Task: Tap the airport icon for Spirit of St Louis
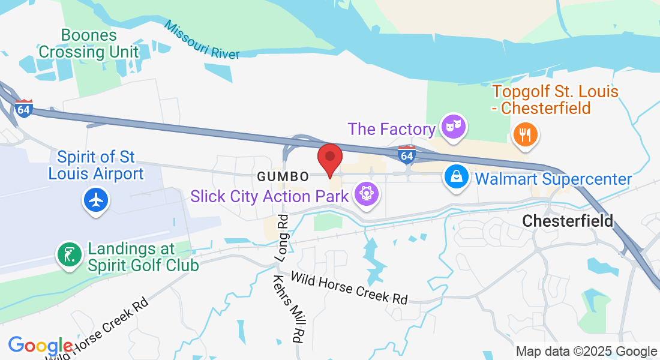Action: click(96, 199)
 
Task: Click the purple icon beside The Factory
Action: click(453, 127)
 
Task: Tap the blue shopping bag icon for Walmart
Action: click(457, 177)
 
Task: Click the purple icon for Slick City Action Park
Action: click(364, 194)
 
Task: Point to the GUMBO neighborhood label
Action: click(283, 177)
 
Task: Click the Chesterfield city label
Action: click(568, 221)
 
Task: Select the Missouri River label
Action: click(202, 41)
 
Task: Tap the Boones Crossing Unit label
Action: click(88, 43)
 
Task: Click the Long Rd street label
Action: click(283, 238)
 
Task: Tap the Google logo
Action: click(40, 346)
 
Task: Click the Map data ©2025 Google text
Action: click(586, 352)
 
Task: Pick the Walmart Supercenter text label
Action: click(553, 179)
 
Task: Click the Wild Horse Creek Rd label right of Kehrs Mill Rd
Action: click(349, 287)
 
